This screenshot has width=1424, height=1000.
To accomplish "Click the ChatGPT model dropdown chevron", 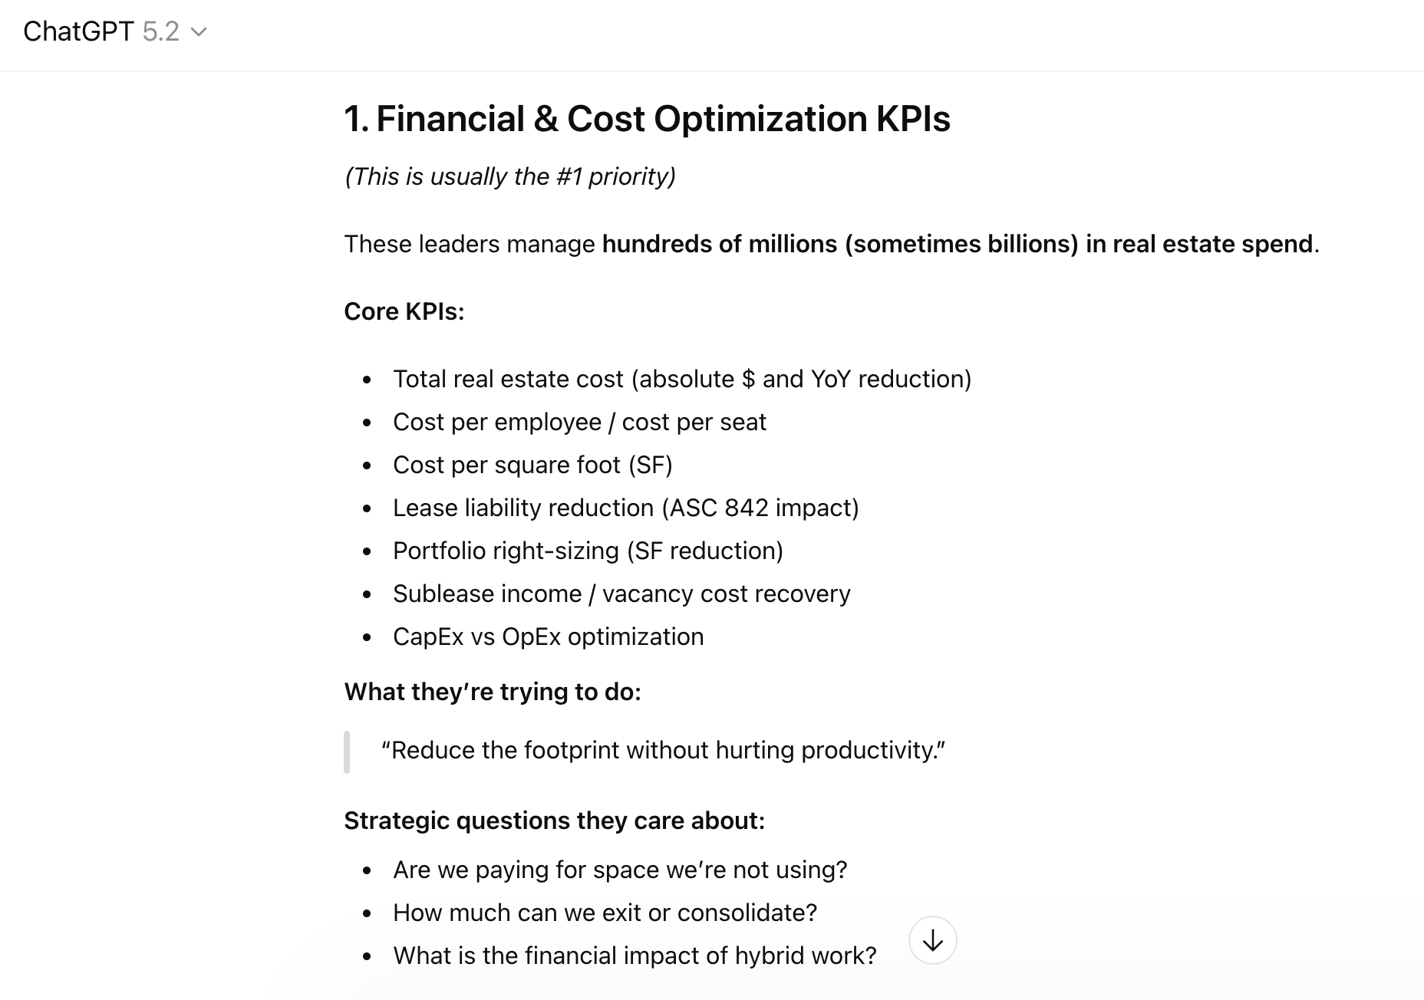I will pos(199,32).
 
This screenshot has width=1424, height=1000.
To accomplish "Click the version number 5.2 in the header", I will pos(160,31).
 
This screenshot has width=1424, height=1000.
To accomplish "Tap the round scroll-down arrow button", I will pos(932,940).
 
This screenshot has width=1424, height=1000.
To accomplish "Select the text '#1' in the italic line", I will pos(569,176).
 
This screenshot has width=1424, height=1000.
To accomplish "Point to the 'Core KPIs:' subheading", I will pos(404,311).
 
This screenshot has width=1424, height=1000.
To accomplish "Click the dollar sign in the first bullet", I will pos(748,379).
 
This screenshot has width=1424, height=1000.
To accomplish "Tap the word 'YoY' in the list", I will pos(831,379).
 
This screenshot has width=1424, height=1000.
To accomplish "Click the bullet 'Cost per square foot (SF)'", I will pos(532,465).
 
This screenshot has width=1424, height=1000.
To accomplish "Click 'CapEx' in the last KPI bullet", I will pos(428,637).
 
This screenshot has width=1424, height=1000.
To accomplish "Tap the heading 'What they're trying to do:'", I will pos(492,692).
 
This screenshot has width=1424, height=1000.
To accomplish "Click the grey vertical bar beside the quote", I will pos(347,752).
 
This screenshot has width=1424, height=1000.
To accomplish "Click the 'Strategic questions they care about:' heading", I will pos(554,821).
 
